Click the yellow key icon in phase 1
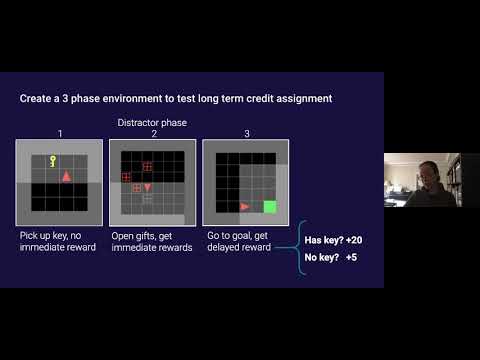(53, 160)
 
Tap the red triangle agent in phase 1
(67, 176)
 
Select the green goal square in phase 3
(269, 207)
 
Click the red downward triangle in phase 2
(148, 187)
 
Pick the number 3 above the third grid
(246, 132)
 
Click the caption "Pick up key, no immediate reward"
(58, 241)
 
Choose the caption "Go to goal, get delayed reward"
(240, 241)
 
